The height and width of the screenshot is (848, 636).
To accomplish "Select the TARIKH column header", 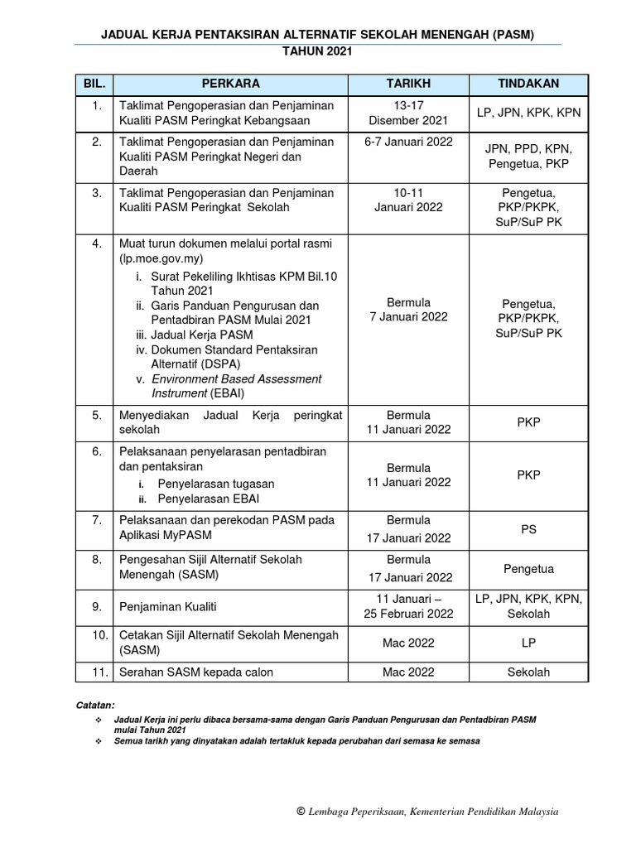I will tap(408, 84).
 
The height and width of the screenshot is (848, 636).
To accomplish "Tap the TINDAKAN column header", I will tap(528, 84).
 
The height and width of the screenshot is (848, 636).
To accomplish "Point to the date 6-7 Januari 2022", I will tap(408, 142).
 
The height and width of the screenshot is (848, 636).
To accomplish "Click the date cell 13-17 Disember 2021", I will tap(408, 113).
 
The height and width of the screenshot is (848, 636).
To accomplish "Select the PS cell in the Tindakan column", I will tap(528, 529).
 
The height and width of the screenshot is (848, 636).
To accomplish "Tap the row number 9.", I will tap(97, 607).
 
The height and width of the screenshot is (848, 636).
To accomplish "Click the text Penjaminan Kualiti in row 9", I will tap(168, 607).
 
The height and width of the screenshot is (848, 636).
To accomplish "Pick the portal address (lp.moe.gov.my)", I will tap(169, 259).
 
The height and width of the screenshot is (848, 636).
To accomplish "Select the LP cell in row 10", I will tap(528, 643).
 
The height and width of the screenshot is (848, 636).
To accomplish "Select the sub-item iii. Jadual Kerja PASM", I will tap(195, 335).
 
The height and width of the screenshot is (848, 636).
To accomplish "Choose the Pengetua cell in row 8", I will tap(528, 569).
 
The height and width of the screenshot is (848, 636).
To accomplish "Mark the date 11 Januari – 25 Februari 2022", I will tap(408, 606).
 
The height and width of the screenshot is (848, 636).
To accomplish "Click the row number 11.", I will tap(97, 672).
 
